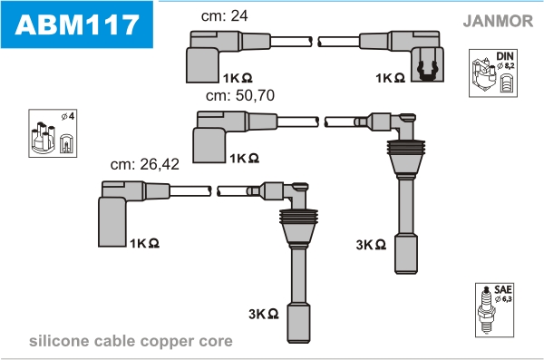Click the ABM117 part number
point(77,24)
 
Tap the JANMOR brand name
point(498,21)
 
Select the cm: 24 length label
point(225,15)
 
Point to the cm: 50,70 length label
point(240,95)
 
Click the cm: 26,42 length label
point(145,164)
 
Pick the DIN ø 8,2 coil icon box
point(493,73)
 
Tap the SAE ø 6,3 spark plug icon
point(494,310)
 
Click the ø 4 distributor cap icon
point(53,133)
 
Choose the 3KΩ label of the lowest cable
point(264,314)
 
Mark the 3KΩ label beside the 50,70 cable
point(371,245)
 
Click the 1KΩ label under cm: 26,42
point(145,243)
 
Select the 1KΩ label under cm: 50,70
point(244,159)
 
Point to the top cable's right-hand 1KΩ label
point(390,78)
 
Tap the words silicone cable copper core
point(131,341)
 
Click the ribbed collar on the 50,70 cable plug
point(405,147)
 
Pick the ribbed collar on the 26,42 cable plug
point(298,217)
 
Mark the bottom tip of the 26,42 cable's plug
point(298,342)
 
